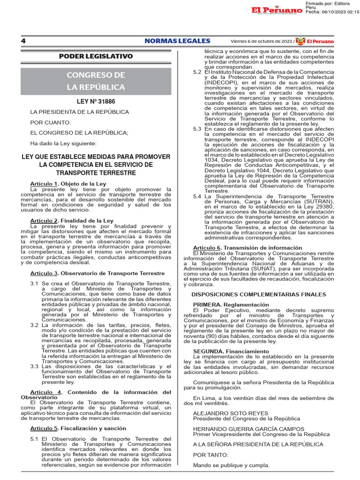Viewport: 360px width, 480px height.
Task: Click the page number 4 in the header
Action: click(x=23, y=41)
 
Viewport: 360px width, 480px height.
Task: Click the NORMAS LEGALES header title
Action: click(x=177, y=41)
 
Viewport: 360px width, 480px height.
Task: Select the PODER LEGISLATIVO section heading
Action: click(x=96, y=56)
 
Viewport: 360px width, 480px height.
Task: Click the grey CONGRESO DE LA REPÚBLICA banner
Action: click(x=96, y=81)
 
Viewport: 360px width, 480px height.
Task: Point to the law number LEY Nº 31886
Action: click(x=96, y=101)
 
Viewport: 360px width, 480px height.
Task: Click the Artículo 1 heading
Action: click(x=68, y=183)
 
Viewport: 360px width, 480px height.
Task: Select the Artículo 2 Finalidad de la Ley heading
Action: click(x=72, y=220)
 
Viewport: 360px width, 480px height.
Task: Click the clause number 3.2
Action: click(x=34, y=325)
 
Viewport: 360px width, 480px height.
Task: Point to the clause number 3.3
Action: click(x=34, y=367)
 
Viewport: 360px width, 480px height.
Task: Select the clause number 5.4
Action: click(x=197, y=196)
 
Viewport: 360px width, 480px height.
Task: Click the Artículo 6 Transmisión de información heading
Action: click(x=247, y=247)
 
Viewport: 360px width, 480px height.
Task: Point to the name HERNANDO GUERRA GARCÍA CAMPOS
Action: click(x=248, y=428)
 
